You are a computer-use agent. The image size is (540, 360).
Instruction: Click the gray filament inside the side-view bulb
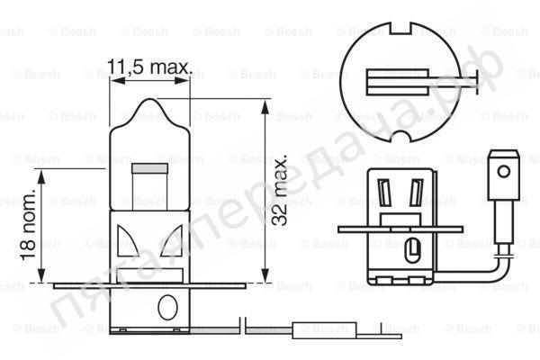click(144, 167)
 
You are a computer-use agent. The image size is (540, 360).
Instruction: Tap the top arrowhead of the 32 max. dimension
click(265, 104)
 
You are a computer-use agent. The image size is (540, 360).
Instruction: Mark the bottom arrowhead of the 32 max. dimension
click(265, 277)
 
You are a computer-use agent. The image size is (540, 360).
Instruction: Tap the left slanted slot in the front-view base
click(385, 193)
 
